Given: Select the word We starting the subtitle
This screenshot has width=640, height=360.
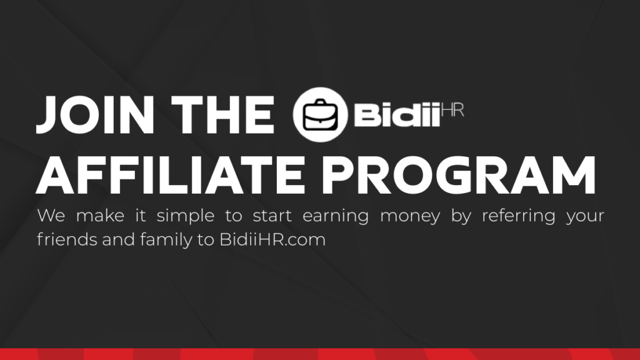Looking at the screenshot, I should (51, 217).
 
